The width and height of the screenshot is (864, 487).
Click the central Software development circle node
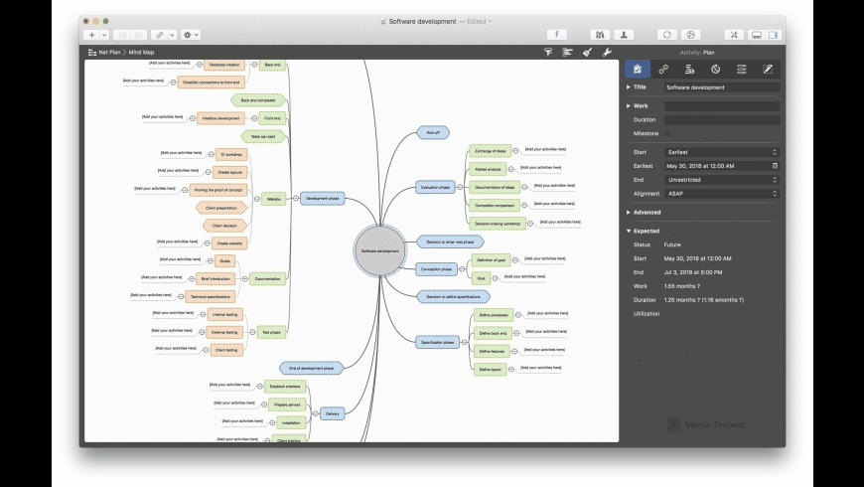(x=380, y=251)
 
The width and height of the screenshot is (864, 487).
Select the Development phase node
(x=322, y=198)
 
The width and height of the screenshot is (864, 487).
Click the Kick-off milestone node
(x=433, y=131)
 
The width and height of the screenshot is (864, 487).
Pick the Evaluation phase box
(x=435, y=187)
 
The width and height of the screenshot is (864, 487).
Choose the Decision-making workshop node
(x=496, y=223)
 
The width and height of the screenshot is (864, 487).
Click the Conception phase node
(x=437, y=268)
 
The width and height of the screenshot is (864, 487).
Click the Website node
(x=273, y=199)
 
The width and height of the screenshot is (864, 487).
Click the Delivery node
(x=332, y=413)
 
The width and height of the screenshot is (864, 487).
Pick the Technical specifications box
(x=211, y=296)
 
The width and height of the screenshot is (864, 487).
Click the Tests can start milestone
(x=263, y=136)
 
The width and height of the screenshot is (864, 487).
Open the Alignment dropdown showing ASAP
(x=721, y=193)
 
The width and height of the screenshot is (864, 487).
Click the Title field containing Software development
(x=721, y=87)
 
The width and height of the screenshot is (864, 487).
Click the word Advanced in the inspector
(x=647, y=212)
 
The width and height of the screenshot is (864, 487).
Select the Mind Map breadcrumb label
(x=141, y=51)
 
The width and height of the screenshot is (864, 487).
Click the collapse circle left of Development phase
(x=296, y=198)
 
